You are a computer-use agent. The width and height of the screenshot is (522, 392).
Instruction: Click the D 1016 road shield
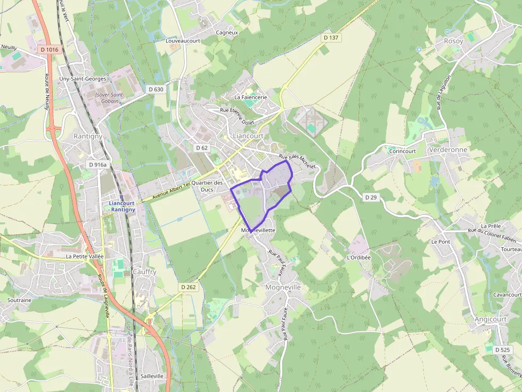(48, 49)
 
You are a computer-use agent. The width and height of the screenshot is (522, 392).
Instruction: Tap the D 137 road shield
(331, 38)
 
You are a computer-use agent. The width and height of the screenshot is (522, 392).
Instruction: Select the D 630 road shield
(156, 89)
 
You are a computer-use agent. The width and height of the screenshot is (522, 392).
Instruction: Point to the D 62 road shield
(201, 147)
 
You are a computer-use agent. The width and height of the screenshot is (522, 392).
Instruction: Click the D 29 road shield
(371, 197)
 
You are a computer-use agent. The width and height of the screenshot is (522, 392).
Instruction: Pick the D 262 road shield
(188, 287)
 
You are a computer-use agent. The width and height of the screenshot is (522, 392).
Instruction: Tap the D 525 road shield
(502, 350)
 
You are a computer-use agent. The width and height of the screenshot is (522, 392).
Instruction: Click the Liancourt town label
(248, 136)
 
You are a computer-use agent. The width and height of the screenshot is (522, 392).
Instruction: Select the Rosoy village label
(453, 41)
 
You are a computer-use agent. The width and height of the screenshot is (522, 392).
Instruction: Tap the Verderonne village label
(448, 150)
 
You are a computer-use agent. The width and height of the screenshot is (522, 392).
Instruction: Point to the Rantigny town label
(88, 136)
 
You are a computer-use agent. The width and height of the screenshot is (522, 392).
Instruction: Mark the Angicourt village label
(491, 319)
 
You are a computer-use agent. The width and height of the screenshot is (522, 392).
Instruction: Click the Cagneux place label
(227, 32)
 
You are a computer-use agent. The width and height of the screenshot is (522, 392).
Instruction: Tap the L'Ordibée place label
(358, 257)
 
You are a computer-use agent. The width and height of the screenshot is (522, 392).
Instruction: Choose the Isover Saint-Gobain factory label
(109, 98)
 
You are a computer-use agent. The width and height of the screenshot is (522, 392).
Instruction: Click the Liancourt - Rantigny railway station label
(122, 206)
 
